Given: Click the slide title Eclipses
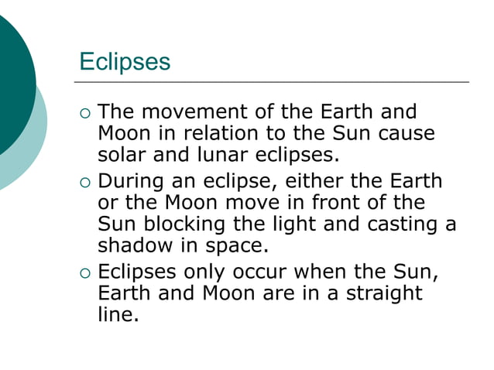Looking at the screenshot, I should coord(125,61).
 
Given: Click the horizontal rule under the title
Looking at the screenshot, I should coord(271,81).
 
